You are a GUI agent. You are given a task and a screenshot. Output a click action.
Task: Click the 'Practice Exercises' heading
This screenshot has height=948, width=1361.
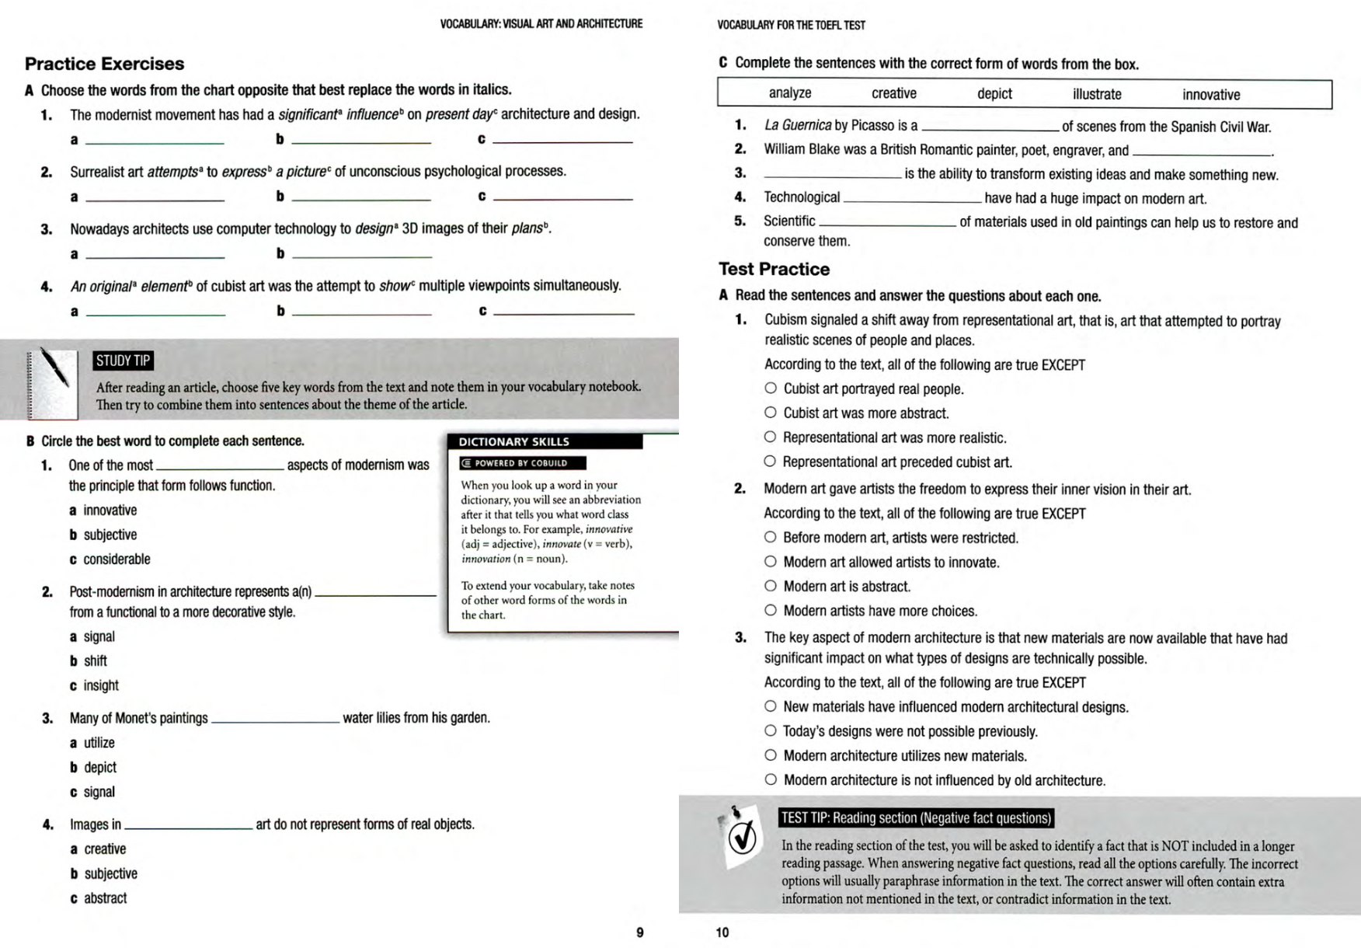coord(104,64)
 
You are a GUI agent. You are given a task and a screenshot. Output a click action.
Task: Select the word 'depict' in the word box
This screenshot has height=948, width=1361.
coord(994,94)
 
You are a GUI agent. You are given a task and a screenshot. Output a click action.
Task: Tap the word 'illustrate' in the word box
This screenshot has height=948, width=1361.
coord(1097,94)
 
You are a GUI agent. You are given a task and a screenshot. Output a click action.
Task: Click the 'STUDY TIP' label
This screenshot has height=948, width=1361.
coord(123,361)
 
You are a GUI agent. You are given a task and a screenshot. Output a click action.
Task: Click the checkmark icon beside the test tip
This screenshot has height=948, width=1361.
coord(742,837)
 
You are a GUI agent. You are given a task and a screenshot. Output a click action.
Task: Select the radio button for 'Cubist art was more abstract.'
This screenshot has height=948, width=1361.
coord(771,413)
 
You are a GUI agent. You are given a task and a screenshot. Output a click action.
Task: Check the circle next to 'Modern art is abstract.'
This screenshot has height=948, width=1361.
coord(771,586)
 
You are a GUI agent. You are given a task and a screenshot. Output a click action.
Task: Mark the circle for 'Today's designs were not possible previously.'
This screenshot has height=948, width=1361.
coord(771,730)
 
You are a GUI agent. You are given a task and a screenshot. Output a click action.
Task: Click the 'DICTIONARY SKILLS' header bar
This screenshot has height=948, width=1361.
coord(545,441)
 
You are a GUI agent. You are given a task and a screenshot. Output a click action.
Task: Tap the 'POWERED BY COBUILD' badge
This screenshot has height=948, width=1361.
coord(522,463)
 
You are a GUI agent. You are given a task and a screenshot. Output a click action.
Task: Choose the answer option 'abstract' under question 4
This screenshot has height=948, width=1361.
coord(105,898)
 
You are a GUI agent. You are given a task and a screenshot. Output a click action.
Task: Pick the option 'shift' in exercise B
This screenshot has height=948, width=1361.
coord(96,661)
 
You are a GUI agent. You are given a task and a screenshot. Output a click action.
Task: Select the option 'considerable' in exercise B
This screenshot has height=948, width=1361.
coord(117,559)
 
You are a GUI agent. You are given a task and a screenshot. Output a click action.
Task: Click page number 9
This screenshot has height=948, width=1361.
coord(640,932)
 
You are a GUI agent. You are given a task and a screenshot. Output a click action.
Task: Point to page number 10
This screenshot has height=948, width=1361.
coord(722,932)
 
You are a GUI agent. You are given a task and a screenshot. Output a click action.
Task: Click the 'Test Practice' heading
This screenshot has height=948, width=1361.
coord(774,269)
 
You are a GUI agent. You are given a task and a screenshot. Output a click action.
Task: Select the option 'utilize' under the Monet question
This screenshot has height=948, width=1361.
coord(99,743)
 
